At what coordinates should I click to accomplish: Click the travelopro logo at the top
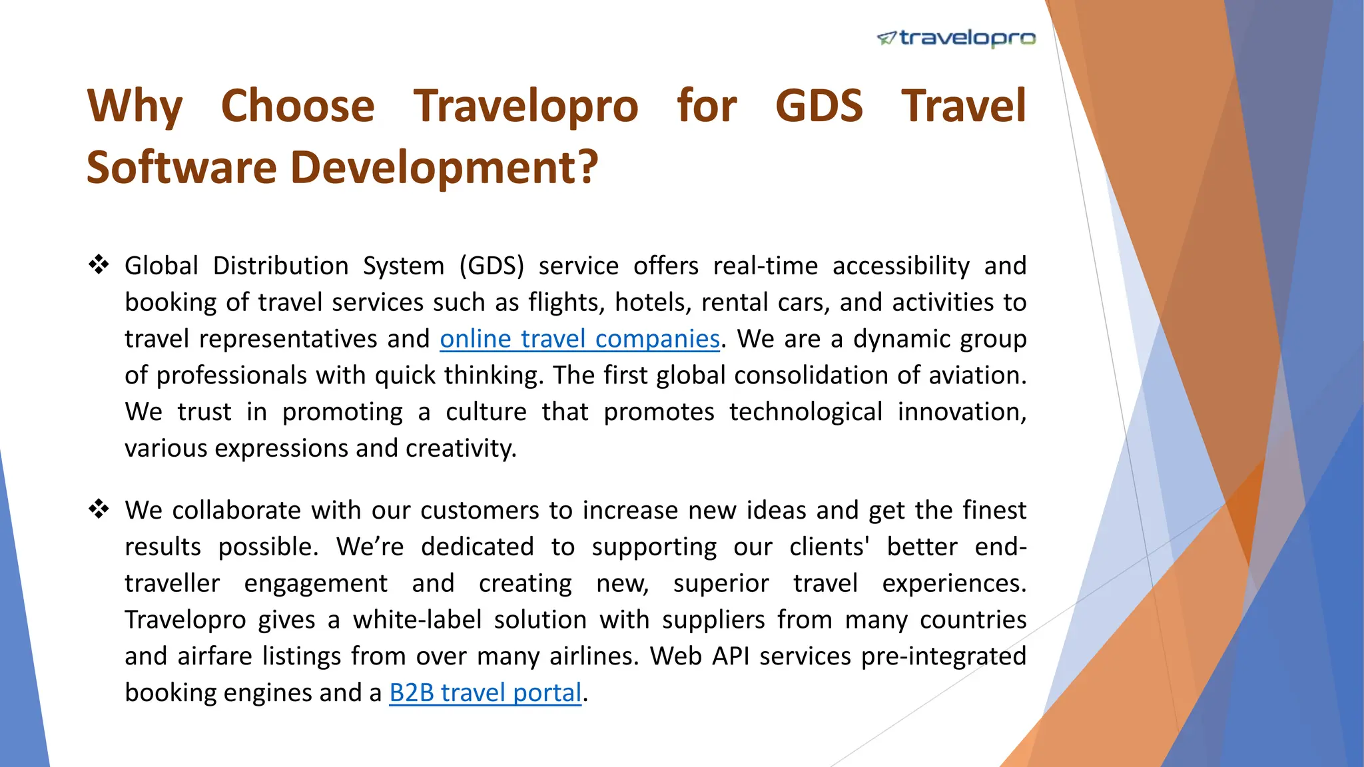956,38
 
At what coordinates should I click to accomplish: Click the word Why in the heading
135,107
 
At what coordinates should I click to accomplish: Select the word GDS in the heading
819,107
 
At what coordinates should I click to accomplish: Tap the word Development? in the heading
444,167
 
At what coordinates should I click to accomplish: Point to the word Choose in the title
298,107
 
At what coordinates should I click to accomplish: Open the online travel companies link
579,339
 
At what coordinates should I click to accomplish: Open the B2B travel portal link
485,693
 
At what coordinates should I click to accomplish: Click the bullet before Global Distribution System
99,265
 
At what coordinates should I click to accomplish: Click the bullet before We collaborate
99,509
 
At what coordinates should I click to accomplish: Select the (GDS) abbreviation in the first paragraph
492,266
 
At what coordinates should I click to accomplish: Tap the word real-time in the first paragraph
765,266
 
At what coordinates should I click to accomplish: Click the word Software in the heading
181,167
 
